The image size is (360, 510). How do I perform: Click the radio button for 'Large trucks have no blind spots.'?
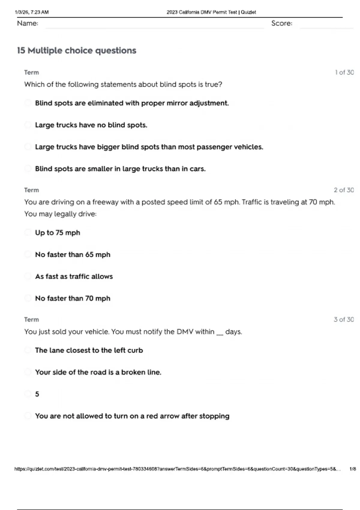click(x=28, y=125)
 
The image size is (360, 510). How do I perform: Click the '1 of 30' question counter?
click(x=344, y=72)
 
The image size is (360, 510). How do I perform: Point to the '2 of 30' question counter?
click(x=343, y=190)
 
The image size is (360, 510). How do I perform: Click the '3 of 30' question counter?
click(x=343, y=319)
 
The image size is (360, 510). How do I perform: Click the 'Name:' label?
click(x=28, y=23)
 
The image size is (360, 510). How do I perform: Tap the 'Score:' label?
click(x=281, y=23)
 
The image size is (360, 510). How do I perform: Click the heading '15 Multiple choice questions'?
click(x=76, y=50)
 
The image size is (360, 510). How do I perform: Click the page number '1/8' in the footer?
click(x=352, y=469)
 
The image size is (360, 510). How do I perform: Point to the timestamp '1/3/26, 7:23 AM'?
click(x=31, y=12)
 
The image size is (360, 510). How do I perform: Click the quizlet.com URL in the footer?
click(x=177, y=469)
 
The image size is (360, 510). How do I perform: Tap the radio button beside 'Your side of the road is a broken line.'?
click(x=28, y=372)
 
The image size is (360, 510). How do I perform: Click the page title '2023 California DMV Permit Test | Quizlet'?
click(x=211, y=12)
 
